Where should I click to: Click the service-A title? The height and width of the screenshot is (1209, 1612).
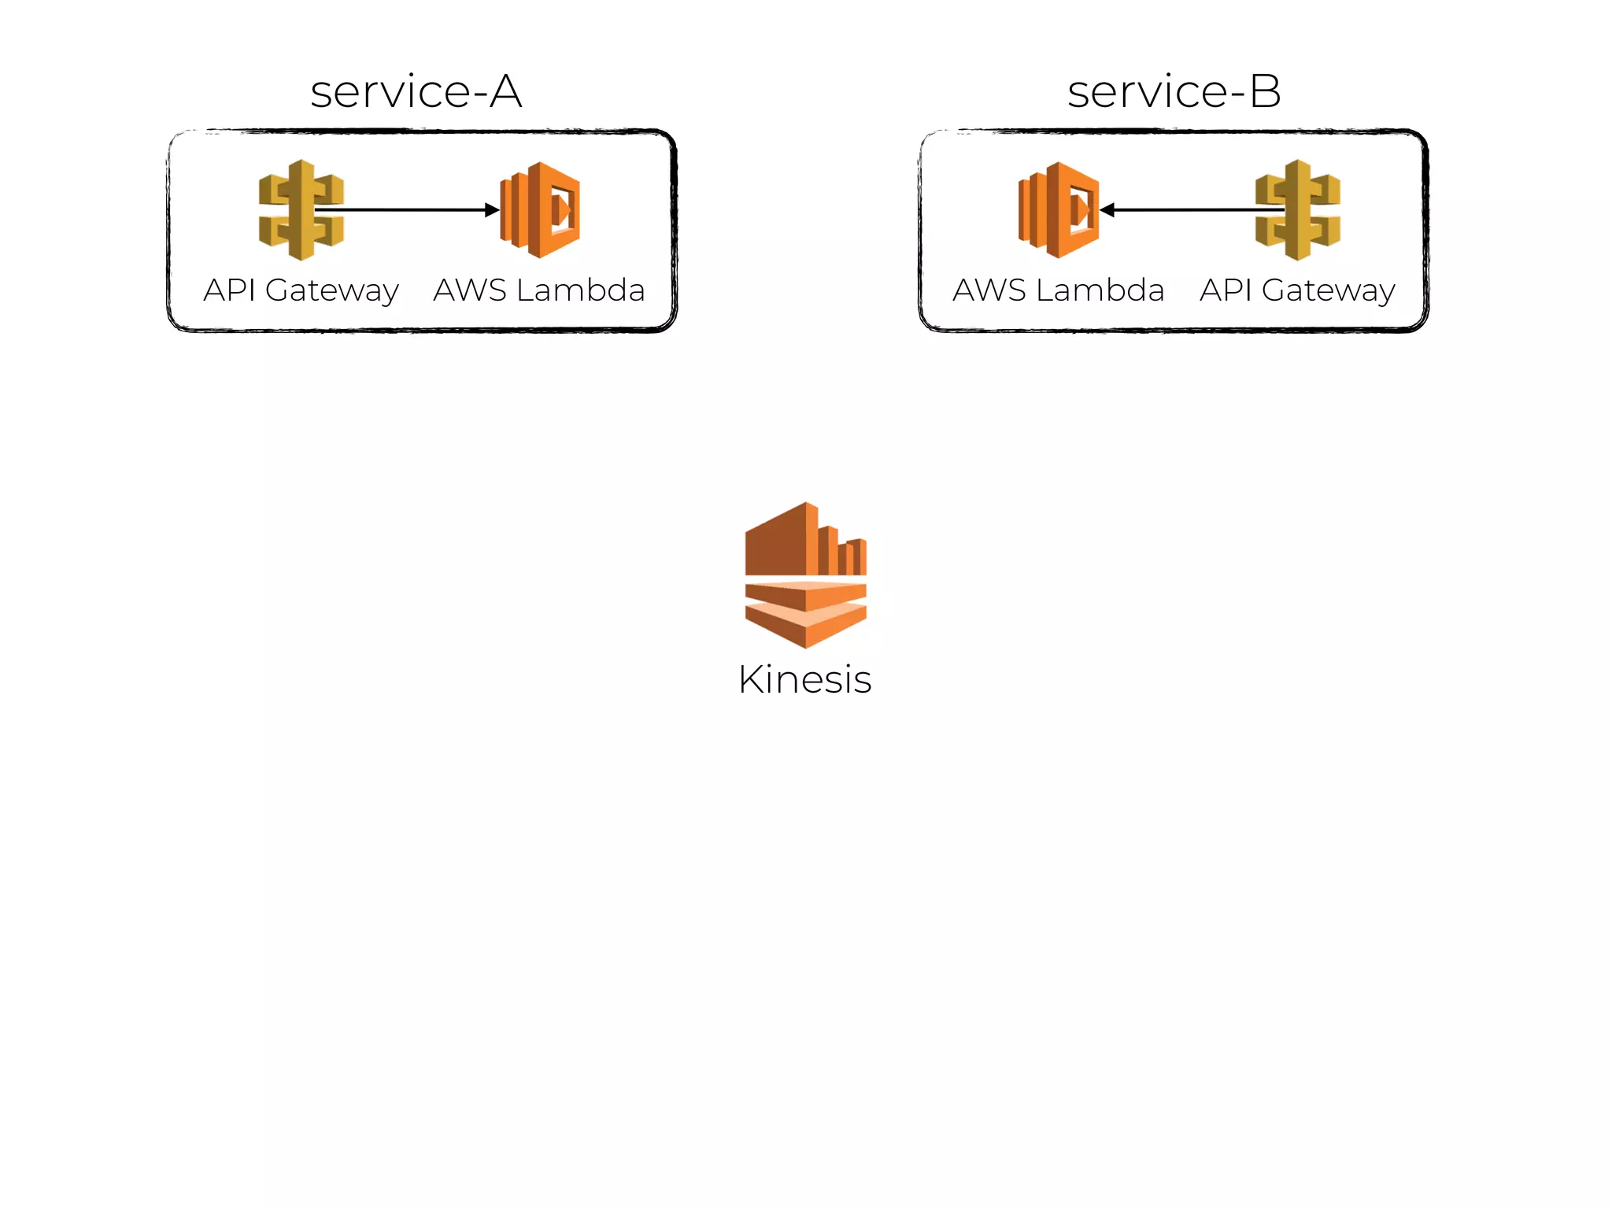click(416, 91)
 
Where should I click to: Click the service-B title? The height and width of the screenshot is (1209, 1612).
click(1174, 91)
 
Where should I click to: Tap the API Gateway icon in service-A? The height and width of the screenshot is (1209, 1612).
click(301, 209)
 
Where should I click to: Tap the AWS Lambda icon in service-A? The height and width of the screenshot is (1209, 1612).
click(541, 209)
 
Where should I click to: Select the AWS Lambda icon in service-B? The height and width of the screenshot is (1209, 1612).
click(1059, 209)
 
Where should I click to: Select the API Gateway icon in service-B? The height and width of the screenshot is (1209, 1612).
click(1298, 209)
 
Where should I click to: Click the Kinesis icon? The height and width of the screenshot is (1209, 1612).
click(805, 575)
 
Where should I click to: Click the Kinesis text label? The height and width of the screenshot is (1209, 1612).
click(804, 679)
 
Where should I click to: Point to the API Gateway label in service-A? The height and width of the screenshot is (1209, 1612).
click(301, 290)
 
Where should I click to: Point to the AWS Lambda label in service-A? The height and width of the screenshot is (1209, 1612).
click(539, 290)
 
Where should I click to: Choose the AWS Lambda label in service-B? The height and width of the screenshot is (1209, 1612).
click(1058, 290)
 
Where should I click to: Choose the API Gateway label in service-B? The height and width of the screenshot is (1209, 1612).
click(1297, 290)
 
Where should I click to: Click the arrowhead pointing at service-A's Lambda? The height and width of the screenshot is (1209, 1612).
click(492, 209)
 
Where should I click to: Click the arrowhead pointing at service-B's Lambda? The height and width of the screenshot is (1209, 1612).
click(1107, 209)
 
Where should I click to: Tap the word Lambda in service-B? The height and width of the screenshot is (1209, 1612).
click(1100, 290)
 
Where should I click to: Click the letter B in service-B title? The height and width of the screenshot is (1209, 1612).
click(1265, 91)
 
